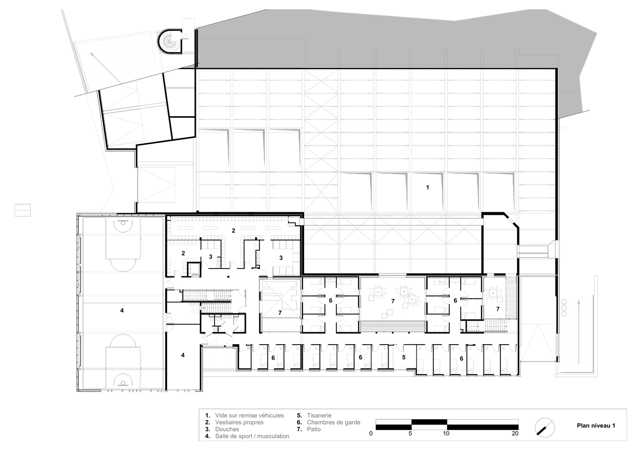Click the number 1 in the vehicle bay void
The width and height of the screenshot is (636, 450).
427,187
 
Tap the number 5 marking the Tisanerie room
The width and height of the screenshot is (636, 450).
403,358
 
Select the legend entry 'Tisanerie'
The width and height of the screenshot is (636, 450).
319,415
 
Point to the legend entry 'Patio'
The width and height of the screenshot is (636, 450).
314,429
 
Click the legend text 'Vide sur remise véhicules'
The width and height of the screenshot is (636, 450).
249,415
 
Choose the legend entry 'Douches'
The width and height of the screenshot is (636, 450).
227,429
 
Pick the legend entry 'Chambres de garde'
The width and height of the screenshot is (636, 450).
333,422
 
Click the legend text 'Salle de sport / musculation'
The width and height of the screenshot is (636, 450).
252,436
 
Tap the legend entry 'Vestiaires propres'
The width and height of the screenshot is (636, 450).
239,422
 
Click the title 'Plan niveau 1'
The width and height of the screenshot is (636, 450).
596,426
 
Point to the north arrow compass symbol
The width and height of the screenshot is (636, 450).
545,428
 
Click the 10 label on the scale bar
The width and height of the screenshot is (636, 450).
446,434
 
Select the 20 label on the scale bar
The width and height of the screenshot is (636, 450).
515,434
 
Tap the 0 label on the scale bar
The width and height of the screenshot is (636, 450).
371,434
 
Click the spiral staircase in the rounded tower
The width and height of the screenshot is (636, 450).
170,42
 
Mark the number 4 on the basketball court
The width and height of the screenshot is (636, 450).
122,310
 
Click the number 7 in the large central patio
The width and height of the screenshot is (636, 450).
393,301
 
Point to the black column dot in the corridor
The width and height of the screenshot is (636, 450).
228,276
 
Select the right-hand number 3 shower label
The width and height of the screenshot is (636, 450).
281,258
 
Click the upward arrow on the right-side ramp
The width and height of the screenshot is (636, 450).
579,332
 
